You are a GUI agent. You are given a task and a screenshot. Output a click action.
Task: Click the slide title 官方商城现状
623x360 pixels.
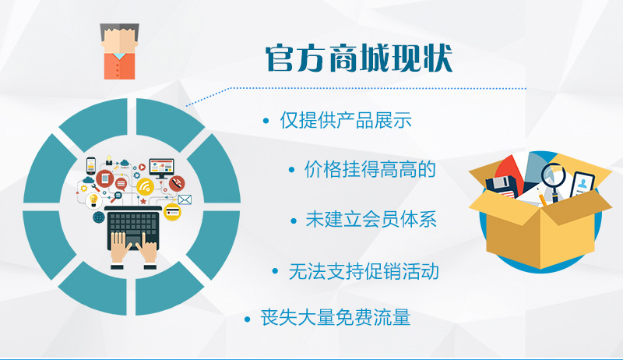click(359, 58)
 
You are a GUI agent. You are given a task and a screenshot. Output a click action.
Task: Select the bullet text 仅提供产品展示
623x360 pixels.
click(346, 120)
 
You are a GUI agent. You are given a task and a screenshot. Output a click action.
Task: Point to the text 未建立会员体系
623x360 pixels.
click(371, 219)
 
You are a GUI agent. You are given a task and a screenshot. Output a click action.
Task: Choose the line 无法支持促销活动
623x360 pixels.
click(364, 272)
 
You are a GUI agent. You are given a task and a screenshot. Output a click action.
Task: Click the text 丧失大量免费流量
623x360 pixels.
click(336, 318)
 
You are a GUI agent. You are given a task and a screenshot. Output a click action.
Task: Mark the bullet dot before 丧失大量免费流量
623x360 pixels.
click(248, 319)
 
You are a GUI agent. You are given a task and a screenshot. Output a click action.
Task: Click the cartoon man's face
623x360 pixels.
click(119, 42)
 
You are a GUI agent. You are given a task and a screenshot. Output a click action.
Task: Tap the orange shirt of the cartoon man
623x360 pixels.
click(119, 66)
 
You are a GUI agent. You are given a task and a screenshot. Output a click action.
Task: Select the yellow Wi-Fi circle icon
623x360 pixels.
click(145, 187)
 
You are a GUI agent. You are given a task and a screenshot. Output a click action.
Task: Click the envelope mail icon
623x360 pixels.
click(185, 199)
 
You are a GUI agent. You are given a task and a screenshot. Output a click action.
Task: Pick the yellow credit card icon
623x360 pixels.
click(172, 212)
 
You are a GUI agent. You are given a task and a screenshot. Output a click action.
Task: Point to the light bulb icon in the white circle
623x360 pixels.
click(93, 200)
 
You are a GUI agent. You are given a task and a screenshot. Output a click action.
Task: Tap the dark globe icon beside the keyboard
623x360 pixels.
click(99, 217)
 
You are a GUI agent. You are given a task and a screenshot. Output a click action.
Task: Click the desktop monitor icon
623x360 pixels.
click(162, 168)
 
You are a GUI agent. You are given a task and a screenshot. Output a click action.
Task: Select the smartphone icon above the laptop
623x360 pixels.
click(91, 166)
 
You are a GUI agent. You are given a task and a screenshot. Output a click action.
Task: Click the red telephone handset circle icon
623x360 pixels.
click(177, 183)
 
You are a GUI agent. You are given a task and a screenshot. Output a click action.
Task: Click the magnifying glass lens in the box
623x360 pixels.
click(554, 174)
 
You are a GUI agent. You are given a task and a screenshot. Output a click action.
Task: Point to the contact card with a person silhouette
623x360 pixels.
click(582, 185)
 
